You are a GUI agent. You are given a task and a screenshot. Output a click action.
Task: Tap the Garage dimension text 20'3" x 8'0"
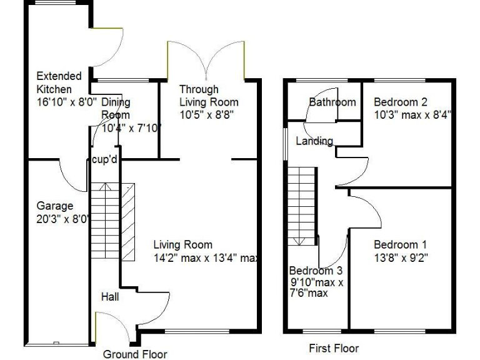pyautogui.click(x=63, y=219)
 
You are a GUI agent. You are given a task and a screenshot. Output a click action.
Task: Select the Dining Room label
pyautogui.click(x=116, y=108)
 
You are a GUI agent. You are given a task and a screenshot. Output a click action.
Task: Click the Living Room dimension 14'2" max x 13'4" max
pyautogui.click(x=206, y=257)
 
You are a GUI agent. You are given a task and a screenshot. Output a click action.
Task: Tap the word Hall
pyautogui.click(x=110, y=297)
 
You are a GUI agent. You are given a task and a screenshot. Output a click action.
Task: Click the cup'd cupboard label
pyautogui.click(x=104, y=160)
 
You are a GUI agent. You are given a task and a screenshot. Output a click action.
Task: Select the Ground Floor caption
pyautogui.click(x=135, y=354)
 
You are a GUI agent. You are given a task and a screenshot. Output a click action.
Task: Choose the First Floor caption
pyautogui.click(x=334, y=348)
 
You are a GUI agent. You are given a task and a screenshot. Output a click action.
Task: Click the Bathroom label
pyautogui.click(x=332, y=102)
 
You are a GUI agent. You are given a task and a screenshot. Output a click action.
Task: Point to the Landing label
pyautogui.click(x=314, y=141)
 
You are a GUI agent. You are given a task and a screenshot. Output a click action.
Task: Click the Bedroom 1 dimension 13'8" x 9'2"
pyautogui.click(x=401, y=257)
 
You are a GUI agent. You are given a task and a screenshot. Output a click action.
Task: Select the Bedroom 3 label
pyautogui.click(x=316, y=271)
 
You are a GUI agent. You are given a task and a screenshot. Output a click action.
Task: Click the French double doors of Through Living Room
pyautogui.click(x=206, y=60)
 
